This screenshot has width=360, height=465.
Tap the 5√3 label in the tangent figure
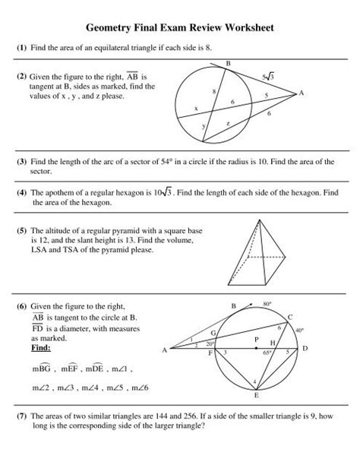pyautogui.click(x=267, y=77)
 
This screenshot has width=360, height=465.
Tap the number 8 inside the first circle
pyautogui.click(x=214, y=90)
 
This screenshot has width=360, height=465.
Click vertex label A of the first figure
pyautogui.click(x=302, y=93)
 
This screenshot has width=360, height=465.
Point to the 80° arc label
pyautogui.click(x=267, y=302)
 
